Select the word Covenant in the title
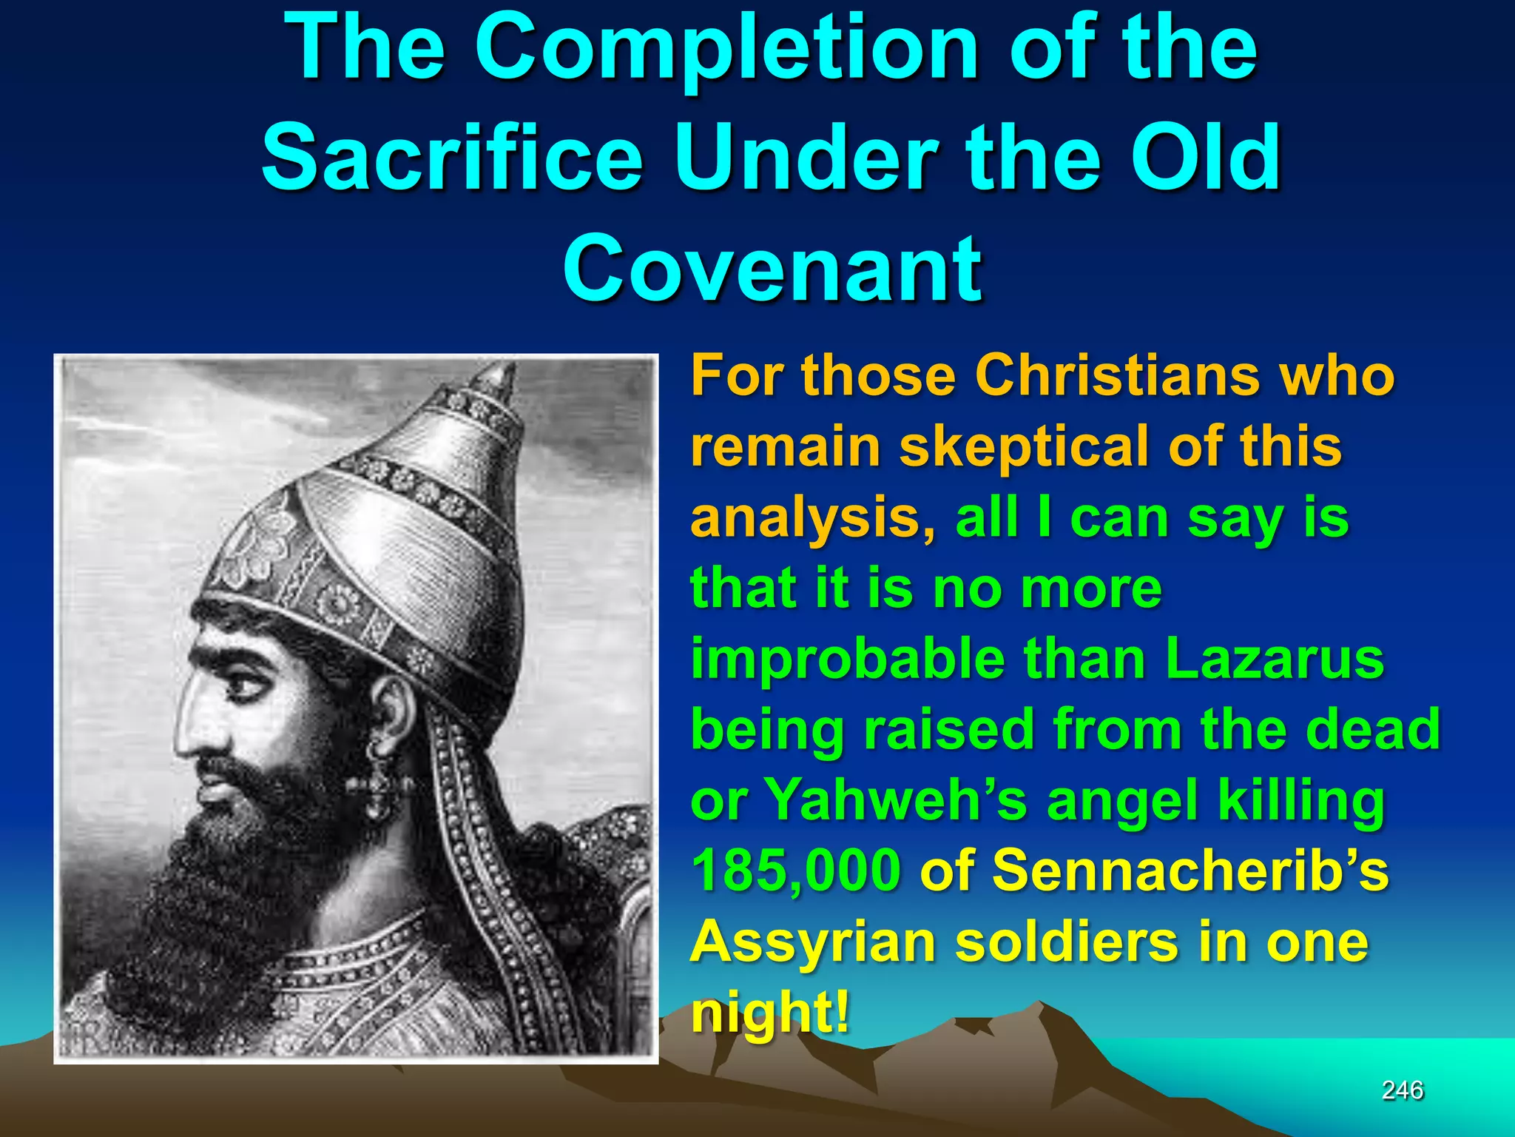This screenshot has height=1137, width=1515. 772,268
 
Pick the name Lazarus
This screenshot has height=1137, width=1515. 1274,659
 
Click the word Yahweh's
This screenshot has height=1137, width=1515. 896,800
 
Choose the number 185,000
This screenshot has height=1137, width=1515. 796,871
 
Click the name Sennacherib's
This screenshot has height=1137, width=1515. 1190,871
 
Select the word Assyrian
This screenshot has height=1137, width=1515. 812,942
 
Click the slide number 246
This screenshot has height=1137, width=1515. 1403,1090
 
